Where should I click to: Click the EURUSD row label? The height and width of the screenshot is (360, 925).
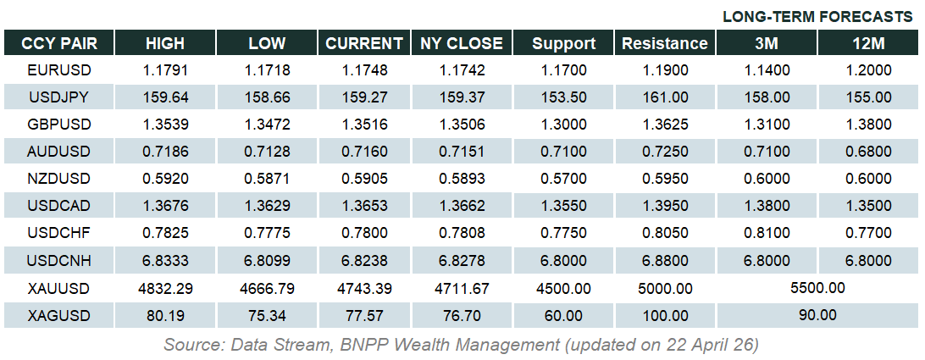tap(59, 69)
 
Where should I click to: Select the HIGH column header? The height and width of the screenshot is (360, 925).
tap(165, 43)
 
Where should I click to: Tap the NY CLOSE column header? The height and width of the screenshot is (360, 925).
tap(462, 43)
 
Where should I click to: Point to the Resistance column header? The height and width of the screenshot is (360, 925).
tap(665, 43)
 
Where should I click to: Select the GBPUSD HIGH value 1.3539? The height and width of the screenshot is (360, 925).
tap(165, 125)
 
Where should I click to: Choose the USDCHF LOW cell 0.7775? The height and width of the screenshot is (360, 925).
tap(267, 234)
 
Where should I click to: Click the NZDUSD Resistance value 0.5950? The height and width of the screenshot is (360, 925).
tap(665, 179)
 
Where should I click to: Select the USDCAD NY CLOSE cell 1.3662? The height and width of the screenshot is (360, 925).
tap(462, 207)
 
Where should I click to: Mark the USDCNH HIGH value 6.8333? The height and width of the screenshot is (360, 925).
tap(165, 261)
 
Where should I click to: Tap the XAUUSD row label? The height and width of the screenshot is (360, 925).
tap(59, 289)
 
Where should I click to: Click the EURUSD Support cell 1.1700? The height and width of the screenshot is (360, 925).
tap(563, 69)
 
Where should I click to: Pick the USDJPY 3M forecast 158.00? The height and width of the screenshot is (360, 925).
tap(767, 97)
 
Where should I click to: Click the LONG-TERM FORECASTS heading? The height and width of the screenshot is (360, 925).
tap(818, 17)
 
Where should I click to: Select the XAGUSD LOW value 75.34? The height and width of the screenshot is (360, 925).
tap(267, 316)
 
